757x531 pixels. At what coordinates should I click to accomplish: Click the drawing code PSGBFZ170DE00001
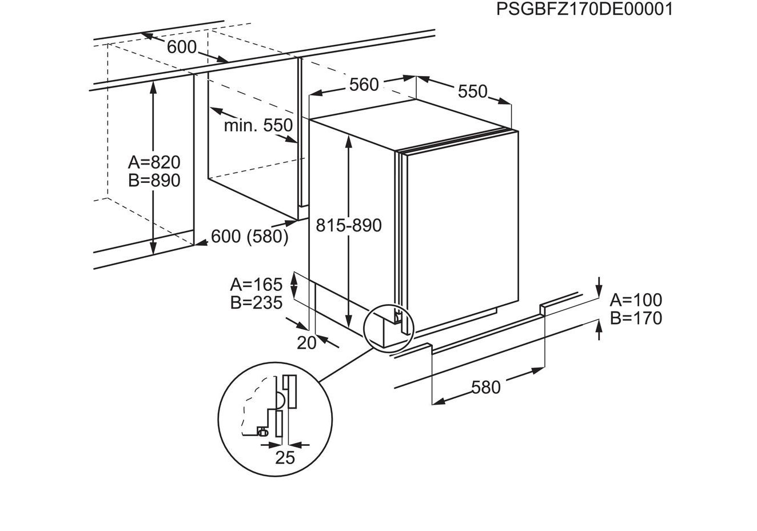coord(584,10)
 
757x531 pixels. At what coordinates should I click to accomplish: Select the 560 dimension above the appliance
coord(364,85)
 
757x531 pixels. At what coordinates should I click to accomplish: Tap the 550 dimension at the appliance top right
coord(472,91)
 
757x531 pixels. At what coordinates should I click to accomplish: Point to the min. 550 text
coord(258,125)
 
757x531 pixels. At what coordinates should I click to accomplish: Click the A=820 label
coord(154,162)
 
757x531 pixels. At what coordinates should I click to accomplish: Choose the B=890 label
coord(154,181)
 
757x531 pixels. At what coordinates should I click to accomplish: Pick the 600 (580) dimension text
coord(250,236)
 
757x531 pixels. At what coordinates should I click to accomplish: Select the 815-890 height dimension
coord(349,225)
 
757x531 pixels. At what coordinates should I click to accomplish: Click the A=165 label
coord(256,284)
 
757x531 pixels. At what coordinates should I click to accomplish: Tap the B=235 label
coord(256,302)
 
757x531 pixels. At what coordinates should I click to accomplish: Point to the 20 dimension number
coord(306,342)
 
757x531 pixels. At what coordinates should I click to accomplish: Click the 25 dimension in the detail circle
coord(285,457)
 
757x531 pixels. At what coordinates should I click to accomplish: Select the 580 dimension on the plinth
coord(486,388)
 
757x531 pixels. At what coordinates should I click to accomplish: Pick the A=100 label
coord(636,300)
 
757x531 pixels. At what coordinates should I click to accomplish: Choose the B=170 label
coord(636,318)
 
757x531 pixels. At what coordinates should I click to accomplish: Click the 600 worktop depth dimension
coord(182,47)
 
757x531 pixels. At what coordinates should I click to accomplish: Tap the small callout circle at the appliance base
coord(388,328)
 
